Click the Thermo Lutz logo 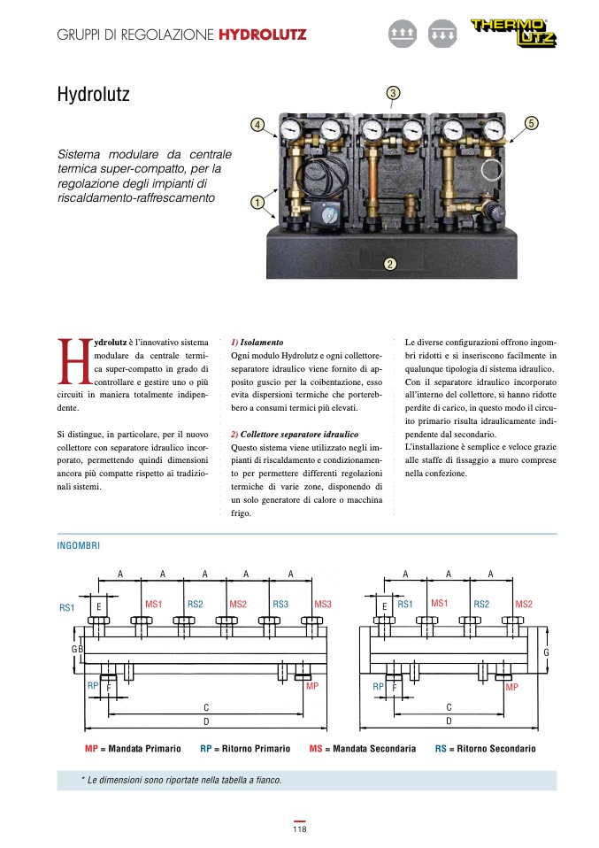(x=519, y=35)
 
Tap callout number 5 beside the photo (x=531, y=123)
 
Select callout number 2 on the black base (x=390, y=263)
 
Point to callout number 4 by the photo (x=257, y=125)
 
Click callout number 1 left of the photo (x=257, y=202)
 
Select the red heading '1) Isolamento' (x=257, y=341)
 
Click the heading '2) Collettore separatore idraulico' (x=294, y=435)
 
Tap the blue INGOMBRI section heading (x=79, y=546)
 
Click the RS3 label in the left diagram (x=280, y=605)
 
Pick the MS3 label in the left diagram (x=323, y=605)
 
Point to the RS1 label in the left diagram (x=67, y=608)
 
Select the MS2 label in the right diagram (x=524, y=605)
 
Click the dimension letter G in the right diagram (x=547, y=652)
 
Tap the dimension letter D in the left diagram (x=206, y=722)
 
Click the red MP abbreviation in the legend (x=91, y=749)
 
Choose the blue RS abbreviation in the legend (x=440, y=749)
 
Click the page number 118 (x=299, y=829)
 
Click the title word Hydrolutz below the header (x=93, y=93)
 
